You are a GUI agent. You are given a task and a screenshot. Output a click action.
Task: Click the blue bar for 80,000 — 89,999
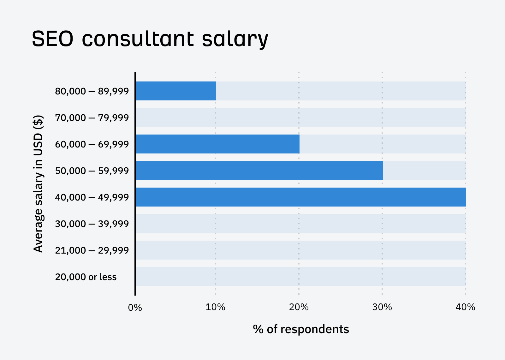click(175, 91)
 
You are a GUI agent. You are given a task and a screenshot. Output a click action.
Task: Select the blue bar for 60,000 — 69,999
click(217, 144)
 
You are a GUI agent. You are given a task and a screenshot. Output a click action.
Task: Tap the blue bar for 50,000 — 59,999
click(259, 171)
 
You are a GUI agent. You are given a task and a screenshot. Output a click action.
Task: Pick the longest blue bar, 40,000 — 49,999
click(300, 197)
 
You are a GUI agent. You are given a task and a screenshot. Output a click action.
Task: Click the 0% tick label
click(135, 307)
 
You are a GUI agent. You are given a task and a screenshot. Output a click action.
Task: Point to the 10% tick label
click(215, 307)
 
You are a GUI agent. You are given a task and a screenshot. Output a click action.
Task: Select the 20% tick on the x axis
click(299, 307)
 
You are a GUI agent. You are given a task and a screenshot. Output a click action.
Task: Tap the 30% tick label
click(382, 307)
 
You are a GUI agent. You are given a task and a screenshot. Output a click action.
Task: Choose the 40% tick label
click(465, 307)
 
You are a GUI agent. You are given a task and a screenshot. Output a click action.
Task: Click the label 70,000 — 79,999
click(92, 118)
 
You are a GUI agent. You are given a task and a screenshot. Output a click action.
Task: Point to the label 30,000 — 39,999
click(92, 224)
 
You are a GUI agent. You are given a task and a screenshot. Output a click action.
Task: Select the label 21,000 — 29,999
click(92, 250)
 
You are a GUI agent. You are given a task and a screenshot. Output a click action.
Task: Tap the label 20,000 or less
click(86, 277)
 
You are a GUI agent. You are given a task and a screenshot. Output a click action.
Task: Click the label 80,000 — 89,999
click(92, 91)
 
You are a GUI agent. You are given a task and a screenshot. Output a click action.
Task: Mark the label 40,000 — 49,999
click(92, 197)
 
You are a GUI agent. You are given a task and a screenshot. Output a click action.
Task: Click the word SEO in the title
click(52, 39)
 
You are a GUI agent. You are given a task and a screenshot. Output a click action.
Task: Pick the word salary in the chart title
click(235, 39)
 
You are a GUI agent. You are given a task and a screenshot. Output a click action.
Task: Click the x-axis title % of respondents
click(300, 329)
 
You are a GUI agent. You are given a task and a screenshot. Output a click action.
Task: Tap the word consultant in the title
click(138, 39)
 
